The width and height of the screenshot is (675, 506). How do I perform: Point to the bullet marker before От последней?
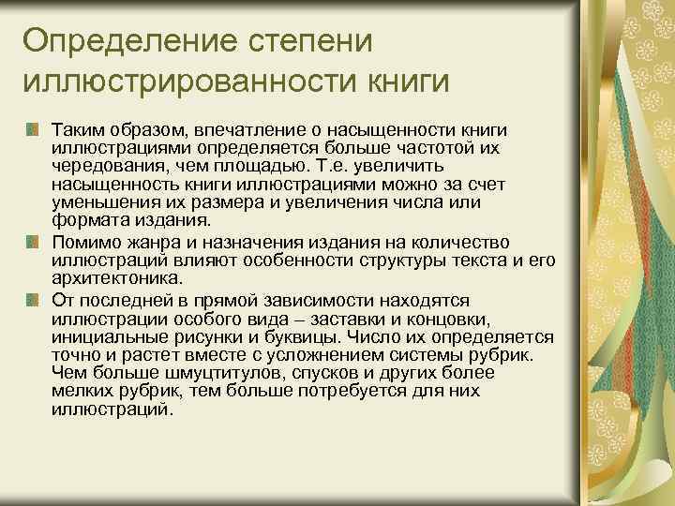pos(34,298)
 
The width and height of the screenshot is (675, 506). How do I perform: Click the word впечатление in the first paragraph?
pos(236,127)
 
